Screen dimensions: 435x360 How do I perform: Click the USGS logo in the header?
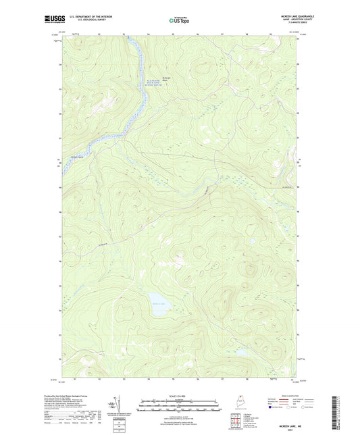55,20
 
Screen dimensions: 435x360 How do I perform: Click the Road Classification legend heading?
283,396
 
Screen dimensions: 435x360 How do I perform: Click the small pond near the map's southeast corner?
240,352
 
